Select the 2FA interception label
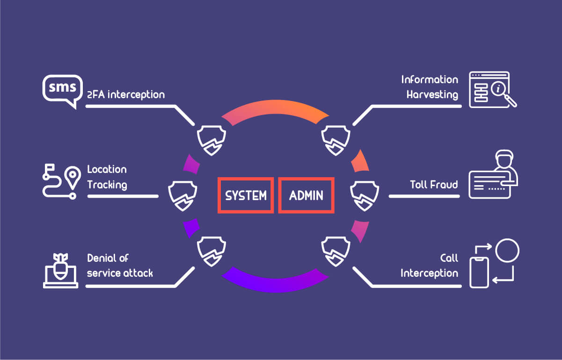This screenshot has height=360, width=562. tap(126, 94)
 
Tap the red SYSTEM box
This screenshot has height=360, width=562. tap(246, 195)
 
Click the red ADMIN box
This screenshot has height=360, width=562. tap(306, 195)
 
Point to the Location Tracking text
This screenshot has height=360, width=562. tap(107, 177)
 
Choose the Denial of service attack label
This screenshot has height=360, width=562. tap(120, 266)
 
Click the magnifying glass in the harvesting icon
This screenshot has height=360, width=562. tap(503, 91)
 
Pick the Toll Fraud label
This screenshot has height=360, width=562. tap(433, 185)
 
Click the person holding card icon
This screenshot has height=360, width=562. tap(493, 175)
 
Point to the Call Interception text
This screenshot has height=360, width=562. tap(430, 266)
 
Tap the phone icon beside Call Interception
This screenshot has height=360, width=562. tap(479, 272)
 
